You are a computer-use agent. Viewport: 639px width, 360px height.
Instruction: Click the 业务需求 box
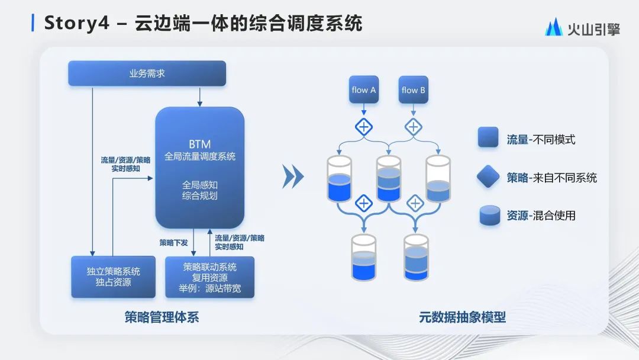(147, 73)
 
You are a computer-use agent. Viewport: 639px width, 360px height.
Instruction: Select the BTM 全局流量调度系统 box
(199, 168)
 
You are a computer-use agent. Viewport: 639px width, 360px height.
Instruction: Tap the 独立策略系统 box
(113, 277)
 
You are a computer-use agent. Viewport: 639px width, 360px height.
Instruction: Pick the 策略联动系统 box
(209, 277)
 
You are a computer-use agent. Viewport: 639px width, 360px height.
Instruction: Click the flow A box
(363, 90)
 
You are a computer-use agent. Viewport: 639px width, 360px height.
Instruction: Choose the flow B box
(413, 90)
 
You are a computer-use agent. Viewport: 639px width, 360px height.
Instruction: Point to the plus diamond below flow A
(363, 127)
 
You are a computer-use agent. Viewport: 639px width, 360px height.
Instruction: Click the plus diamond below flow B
(413, 127)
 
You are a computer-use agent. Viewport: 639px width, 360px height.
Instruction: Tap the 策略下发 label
(174, 243)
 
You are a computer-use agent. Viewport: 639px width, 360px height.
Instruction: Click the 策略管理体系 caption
(162, 317)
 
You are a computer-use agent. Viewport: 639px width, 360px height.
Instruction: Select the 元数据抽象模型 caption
(462, 317)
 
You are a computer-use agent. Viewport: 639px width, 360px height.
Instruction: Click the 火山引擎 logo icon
(554, 28)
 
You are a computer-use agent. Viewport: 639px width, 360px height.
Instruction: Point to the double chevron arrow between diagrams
(293, 176)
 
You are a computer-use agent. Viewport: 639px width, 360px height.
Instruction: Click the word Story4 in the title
(75, 24)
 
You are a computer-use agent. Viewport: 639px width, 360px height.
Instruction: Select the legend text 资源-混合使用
(541, 216)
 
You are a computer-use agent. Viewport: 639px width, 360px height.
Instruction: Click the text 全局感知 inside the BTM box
(199, 184)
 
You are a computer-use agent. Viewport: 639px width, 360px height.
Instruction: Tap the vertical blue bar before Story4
(33, 23)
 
